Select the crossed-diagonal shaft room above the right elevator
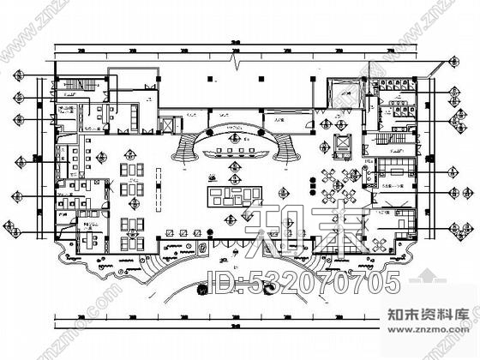(344, 90)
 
